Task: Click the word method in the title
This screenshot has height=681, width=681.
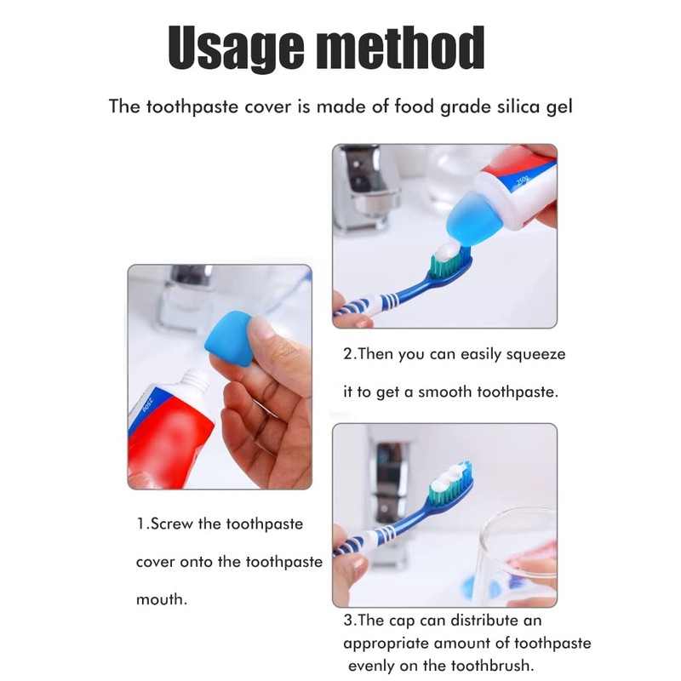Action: pyautogui.click(x=401, y=48)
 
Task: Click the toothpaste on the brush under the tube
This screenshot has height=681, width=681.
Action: pyautogui.click(x=448, y=252)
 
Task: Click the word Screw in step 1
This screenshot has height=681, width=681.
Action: pyautogui.click(x=171, y=524)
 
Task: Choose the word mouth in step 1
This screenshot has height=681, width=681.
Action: pyautogui.click(x=161, y=599)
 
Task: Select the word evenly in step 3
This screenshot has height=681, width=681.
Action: pyautogui.click(x=372, y=667)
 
